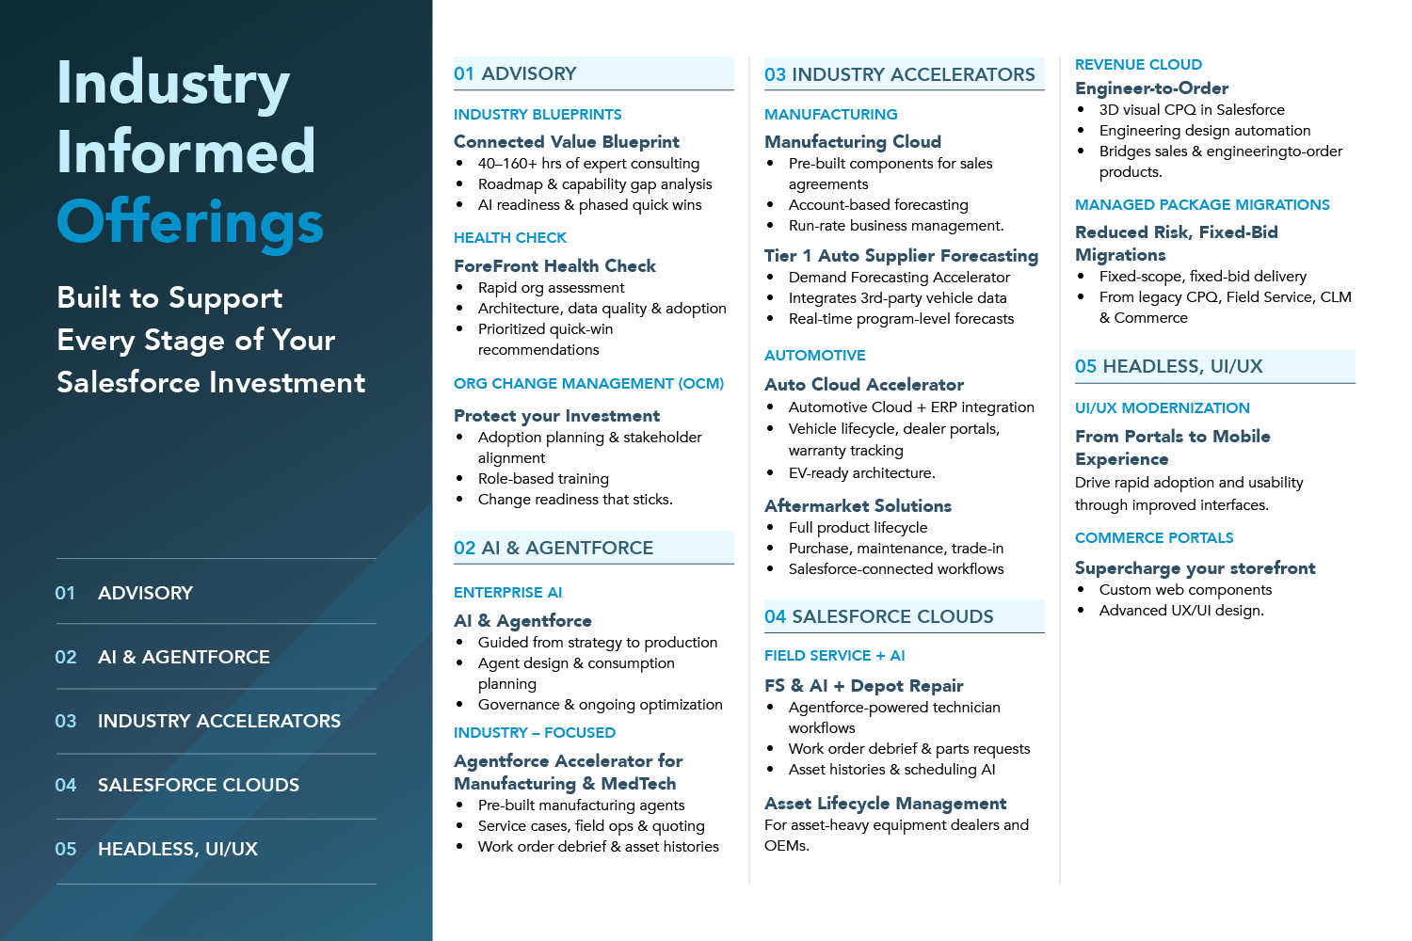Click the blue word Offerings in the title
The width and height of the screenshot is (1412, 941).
coord(190,222)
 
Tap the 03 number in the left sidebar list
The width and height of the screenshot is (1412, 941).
coord(66,721)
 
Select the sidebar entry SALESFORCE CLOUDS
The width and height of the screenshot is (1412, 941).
coord(199,785)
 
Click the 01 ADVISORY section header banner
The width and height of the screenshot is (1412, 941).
coord(594,73)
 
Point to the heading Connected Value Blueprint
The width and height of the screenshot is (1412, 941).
coord(566,142)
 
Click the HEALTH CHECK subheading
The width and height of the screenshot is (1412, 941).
coord(510,238)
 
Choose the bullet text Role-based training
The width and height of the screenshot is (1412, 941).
coord(543,478)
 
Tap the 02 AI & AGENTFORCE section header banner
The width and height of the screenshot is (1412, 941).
coord(594,548)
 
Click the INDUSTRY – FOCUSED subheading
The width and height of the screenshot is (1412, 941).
coord(535,732)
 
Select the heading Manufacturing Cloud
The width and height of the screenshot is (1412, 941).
coord(853,142)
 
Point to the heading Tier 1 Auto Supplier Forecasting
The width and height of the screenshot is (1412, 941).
coord(902,256)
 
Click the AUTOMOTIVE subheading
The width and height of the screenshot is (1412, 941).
coord(814,356)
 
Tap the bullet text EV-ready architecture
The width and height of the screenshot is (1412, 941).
coord(861,472)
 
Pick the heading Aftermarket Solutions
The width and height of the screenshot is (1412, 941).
coord(858,505)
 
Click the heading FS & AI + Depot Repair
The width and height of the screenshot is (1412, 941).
coord(863,686)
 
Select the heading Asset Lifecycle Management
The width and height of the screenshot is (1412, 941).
coord(885,804)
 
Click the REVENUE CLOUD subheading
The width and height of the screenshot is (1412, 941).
coord(1138,64)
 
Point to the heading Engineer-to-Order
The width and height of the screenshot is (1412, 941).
coord(1151,88)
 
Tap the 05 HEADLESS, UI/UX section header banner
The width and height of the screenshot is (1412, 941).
coord(1214,366)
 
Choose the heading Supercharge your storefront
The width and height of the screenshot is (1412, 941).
coord(1195,568)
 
